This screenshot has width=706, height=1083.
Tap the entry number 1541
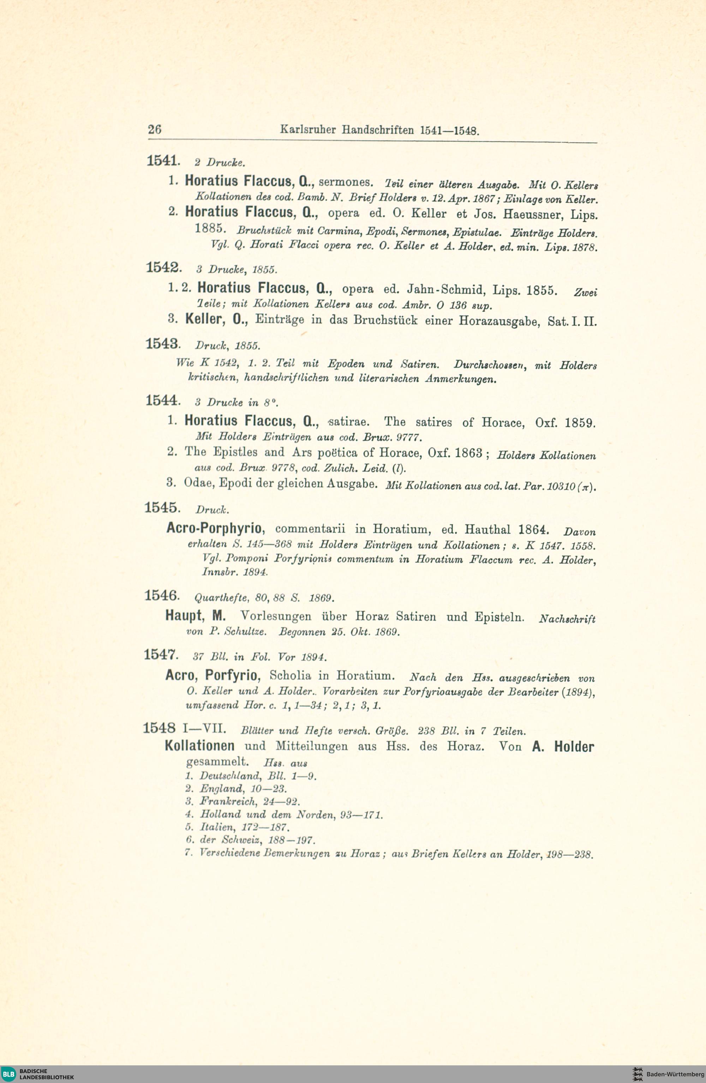click(x=162, y=161)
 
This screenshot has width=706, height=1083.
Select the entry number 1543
click(x=162, y=344)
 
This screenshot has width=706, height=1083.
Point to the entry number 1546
click(x=161, y=596)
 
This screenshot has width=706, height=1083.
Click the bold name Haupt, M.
click(x=195, y=616)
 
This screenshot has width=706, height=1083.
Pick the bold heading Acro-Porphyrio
click(x=214, y=528)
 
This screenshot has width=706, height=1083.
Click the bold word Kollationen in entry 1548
click(x=199, y=746)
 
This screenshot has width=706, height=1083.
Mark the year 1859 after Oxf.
click(x=580, y=423)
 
